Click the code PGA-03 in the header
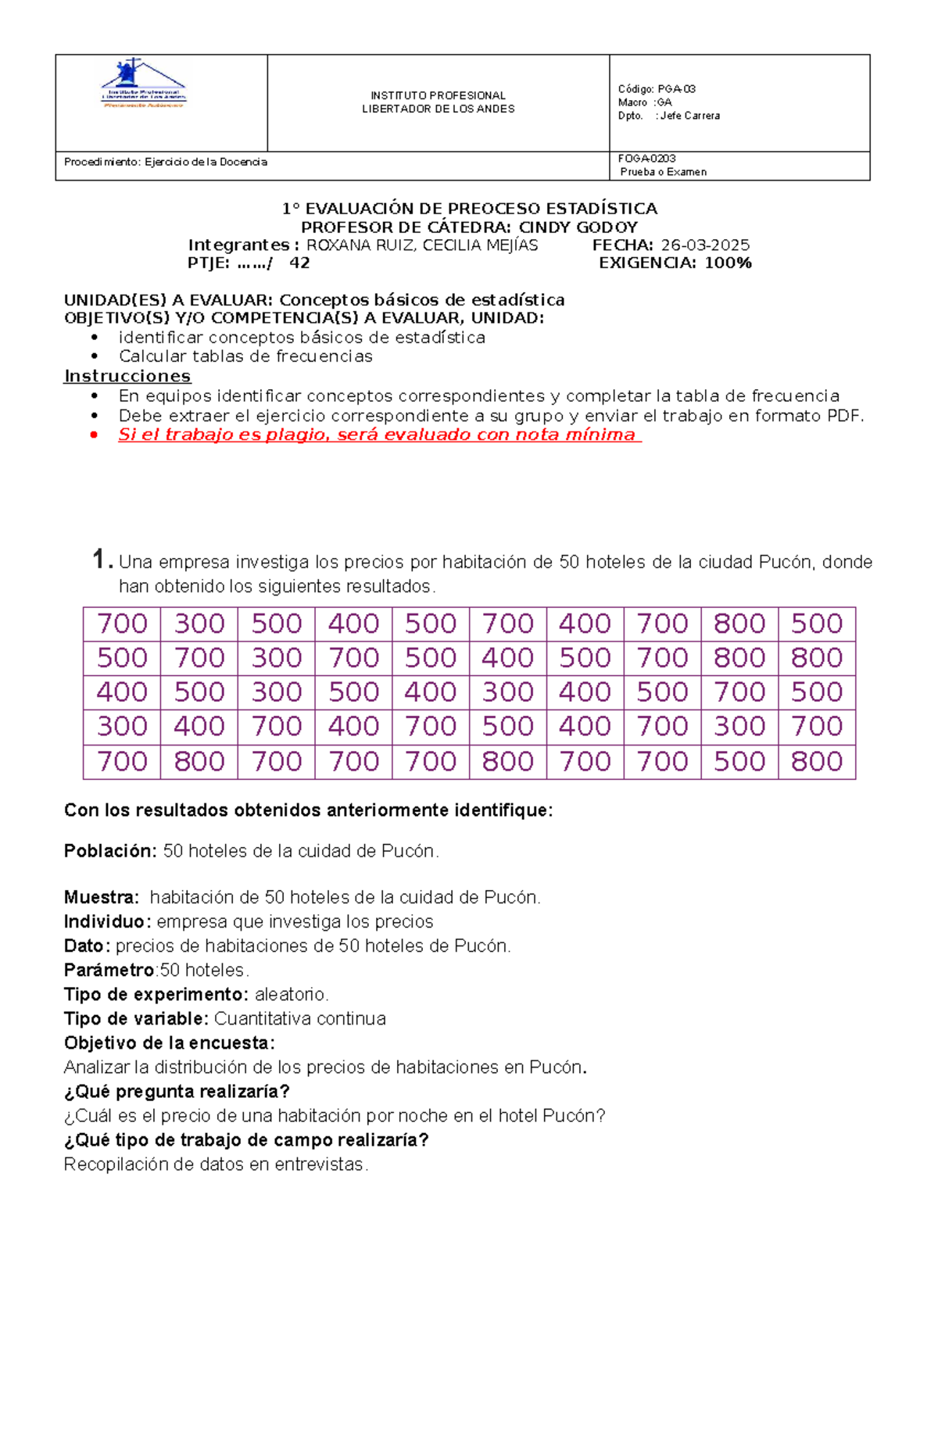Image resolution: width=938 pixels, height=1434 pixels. click(676, 89)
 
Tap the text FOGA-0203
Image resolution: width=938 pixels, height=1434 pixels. click(646, 159)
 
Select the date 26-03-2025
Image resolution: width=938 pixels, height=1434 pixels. click(705, 245)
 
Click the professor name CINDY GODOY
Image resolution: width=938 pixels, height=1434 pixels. click(578, 227)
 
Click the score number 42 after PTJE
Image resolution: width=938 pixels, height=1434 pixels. click(299, 263)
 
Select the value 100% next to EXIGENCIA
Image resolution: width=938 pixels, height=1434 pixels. click(728, 263)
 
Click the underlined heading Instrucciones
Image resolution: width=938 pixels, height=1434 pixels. click(127, 377)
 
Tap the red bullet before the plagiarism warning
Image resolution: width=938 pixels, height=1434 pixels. click(95, 435)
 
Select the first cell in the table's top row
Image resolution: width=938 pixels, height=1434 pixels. click(122, 624)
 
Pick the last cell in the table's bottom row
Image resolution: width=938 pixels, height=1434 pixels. click(817, 761)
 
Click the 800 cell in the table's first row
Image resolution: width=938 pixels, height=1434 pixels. click(739, 624)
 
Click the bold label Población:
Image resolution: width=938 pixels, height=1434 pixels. click(110, 851)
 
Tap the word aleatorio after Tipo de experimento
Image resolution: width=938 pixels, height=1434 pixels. click(290, 995)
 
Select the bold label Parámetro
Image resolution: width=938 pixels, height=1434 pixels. click(109, 971)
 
